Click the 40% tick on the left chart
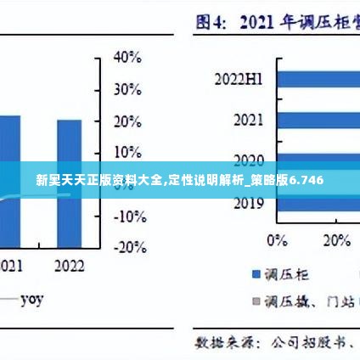click(x=127, y=58)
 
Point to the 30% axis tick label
click(x=127, y=89)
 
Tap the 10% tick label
click(x=127, y=153)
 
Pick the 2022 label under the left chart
click(x=70, y=266)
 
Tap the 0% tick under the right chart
click(x=277, y=240)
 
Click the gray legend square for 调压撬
click(x=254, y=301)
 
